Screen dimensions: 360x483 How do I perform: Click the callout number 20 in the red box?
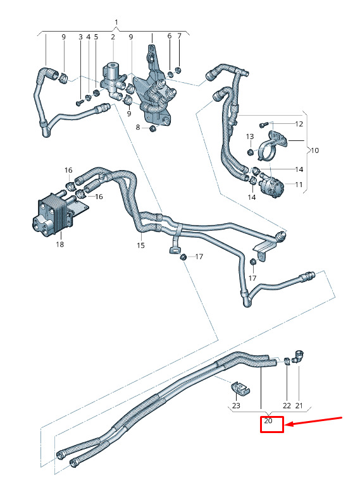[268, 420]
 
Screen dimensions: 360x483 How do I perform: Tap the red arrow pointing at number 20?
[313, 422]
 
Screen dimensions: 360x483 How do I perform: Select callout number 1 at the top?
[116, 22]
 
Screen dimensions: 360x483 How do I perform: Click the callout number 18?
[60, 244]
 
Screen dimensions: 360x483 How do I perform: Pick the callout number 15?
[140, 245]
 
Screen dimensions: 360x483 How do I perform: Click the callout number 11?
[299, 185]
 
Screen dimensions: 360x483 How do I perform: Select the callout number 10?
[314, 150]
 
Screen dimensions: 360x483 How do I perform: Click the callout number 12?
[299, 124]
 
